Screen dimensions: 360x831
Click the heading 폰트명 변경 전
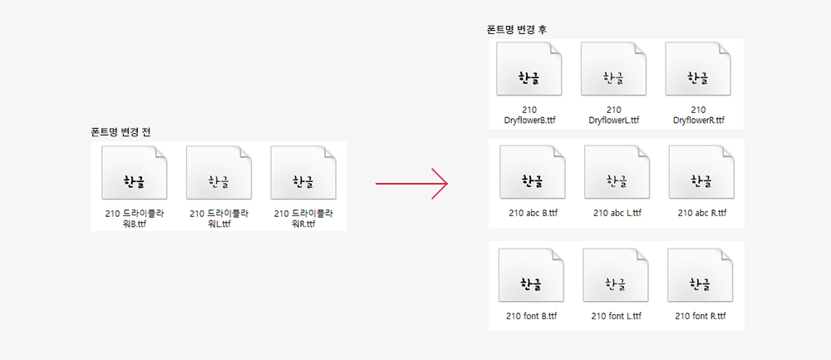120,132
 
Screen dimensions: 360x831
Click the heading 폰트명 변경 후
516,30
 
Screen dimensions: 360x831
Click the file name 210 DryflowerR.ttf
699,116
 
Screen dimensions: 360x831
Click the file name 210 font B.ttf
531,317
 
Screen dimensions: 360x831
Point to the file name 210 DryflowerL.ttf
614,116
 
